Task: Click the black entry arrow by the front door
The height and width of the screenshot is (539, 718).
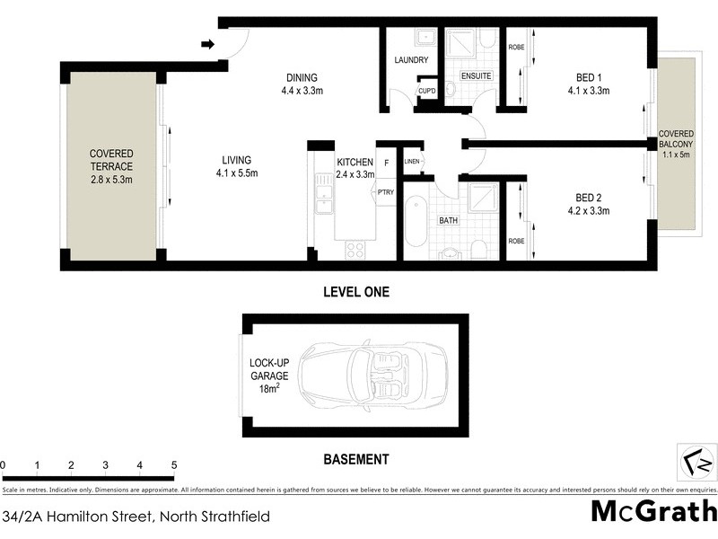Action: click(x=207, y=44)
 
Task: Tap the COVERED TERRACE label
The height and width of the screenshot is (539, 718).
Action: click(x=111, y=167)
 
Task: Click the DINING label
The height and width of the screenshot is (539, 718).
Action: click(x=302, y=77)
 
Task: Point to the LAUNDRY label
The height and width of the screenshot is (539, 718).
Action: click(x=412, y=60)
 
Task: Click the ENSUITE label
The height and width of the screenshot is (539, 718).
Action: click(x=476, y=76)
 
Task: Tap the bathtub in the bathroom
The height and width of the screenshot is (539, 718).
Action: click(x=416, y=222)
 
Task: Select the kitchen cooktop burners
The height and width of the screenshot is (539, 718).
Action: click(x=355, y=250)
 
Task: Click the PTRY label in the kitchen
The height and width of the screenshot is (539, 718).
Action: click(x=386, y=192)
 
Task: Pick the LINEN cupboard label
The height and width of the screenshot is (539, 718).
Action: click(x=412, y=161)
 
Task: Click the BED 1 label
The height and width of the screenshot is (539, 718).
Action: click(x=588, y=77)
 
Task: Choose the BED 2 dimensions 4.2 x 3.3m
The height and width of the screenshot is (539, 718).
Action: click(x=588, y=211)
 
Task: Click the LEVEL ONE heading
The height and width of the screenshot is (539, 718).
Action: click(x=355, y=292)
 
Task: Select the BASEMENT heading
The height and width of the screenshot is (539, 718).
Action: click(x=355, y=459)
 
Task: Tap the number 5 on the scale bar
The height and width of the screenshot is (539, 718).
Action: click(x=174, y=465)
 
